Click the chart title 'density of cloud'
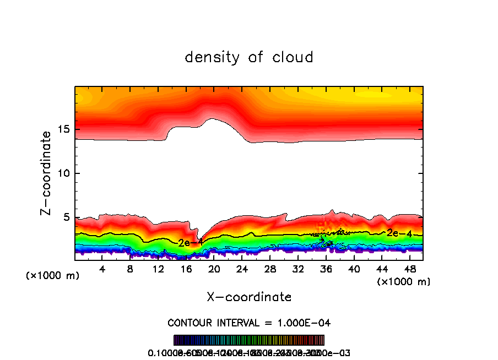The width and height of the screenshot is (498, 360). pyautogui.click(x=249, y=57)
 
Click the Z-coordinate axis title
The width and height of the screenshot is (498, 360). pyautogui.click(x=47, y=173)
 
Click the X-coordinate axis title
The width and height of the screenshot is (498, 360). pyautogui.click(x=249, y=297)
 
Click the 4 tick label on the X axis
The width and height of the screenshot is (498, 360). pyautogui.click(x=102, y=269)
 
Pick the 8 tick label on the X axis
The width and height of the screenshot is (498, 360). pyautogui.click(x=131, y=269)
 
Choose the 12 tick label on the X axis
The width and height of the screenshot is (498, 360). pyautogui.click(x=159, y=269)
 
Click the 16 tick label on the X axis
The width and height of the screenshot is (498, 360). pyautogui.click(x=186, y=269)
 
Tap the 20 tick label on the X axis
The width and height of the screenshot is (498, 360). pyautogui.click(x=214, y=269)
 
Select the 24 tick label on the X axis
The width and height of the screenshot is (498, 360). pyautogui.click(x=242, y=269)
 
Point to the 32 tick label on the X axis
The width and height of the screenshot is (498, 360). pyautogui.click(x=298, y=269)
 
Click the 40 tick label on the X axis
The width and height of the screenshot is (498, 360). pyautogui.click(x=354, y=269)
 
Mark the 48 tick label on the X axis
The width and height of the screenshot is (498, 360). pyautogui.click(x=410, y=269)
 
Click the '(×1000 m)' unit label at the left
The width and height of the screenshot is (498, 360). pyautogui.click(x=53, y=276)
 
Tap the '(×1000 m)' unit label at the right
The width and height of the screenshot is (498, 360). pyautogui.click(x=404, y=282)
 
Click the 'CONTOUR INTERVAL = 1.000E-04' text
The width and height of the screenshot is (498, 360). pyautogui.click(x=249, y=323)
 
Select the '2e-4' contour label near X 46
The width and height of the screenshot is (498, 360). pyautogui.click(x=399, y=233)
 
